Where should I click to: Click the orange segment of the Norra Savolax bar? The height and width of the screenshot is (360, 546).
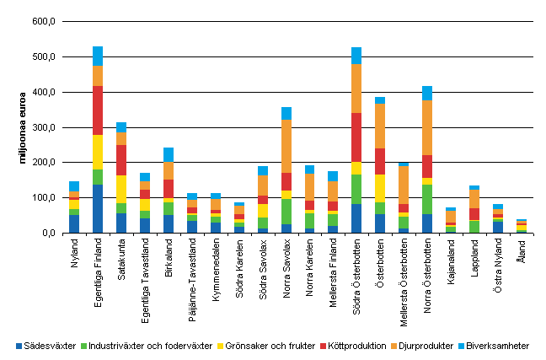(286, 146)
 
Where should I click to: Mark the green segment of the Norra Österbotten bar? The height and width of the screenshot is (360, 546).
(426, 199)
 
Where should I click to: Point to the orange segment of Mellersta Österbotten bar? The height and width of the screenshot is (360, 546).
(403, 185)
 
